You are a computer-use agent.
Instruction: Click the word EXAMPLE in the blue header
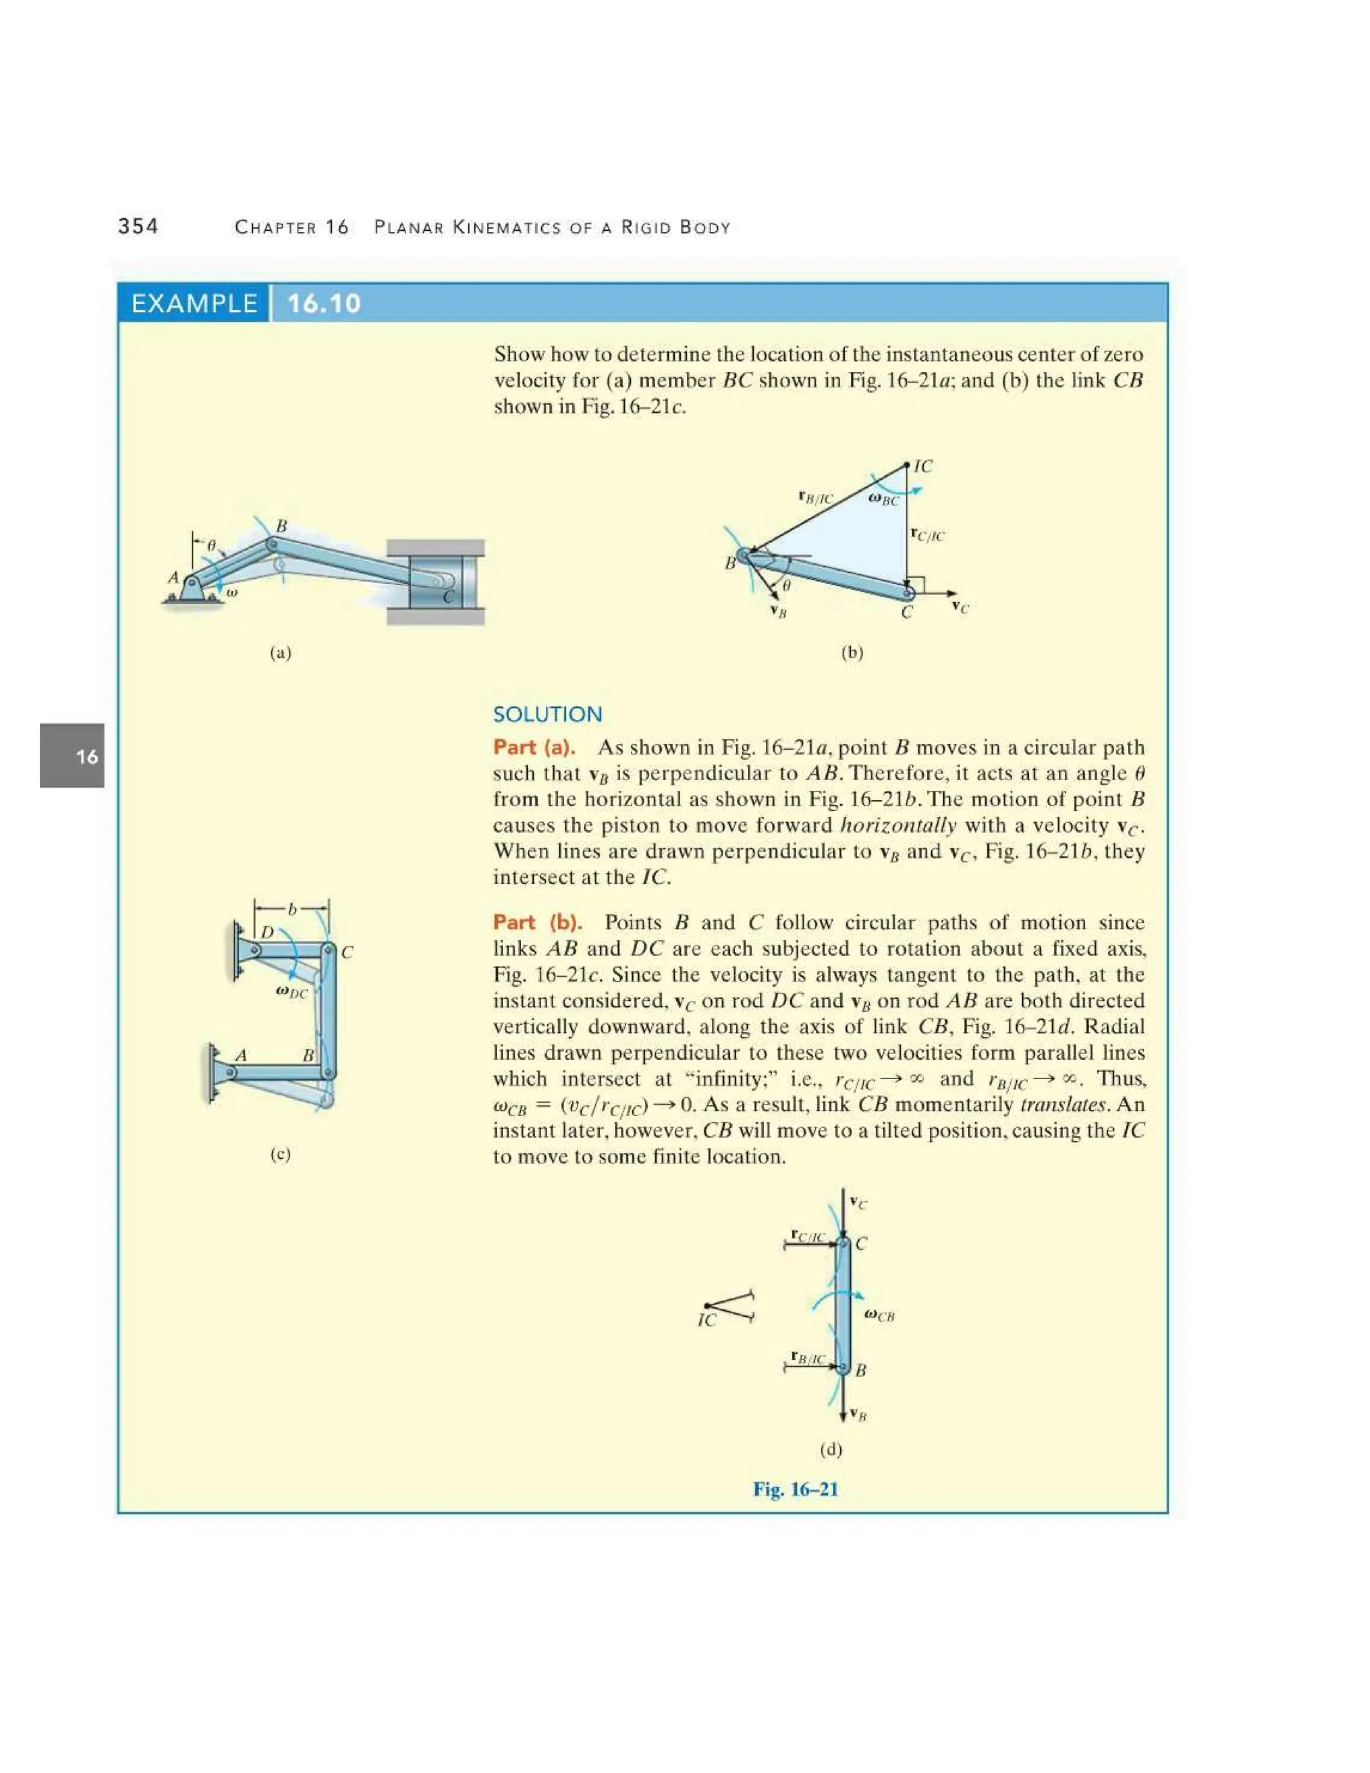[194, 304]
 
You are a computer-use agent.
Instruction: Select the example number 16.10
[324, 304]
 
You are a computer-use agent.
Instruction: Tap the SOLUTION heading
[548, 715]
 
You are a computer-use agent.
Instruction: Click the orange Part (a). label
[534, 747]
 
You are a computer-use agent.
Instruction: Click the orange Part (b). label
[537, 922]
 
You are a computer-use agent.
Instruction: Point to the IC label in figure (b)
[922, 466]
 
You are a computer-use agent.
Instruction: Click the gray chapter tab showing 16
[73, 756]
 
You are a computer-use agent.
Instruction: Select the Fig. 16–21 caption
[795, 1489]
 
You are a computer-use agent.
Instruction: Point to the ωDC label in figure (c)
[292, 992]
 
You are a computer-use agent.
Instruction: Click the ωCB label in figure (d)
[880, 1315]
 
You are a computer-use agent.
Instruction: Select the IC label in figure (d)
[707, 1321]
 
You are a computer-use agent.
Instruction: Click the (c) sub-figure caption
[280, 1153]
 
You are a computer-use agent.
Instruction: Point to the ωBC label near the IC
[884, 499]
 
